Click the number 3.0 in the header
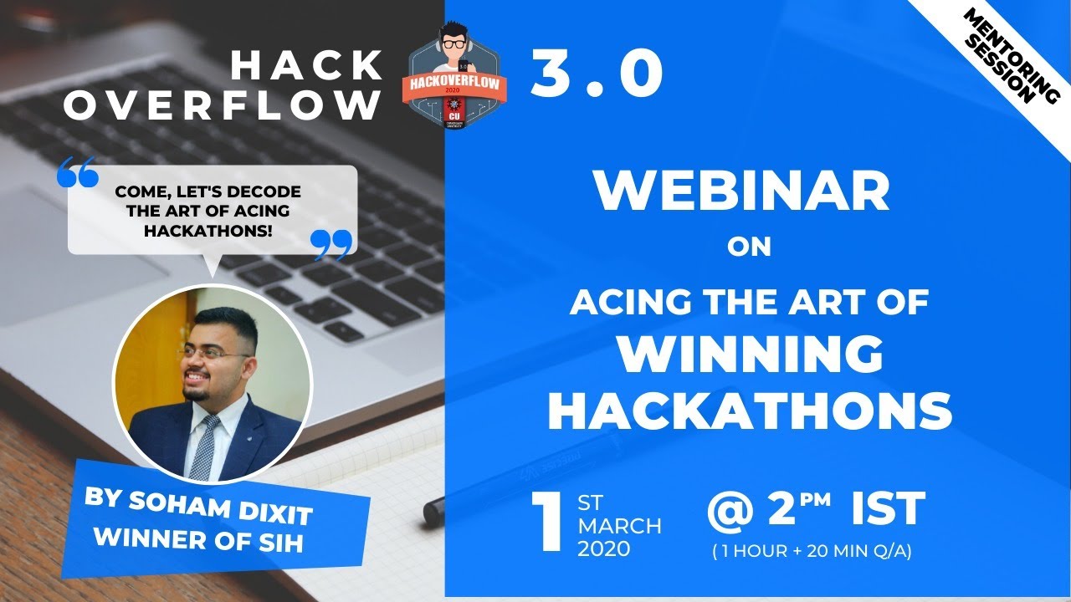(597, 74)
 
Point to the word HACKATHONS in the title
(750, 411)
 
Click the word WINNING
(750, 355)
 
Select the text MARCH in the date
(619, 526)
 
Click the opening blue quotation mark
(78, 172)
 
